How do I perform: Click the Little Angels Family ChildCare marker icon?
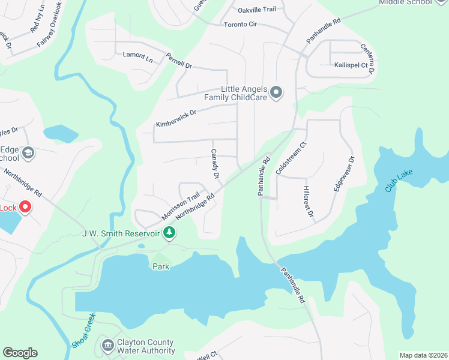click(x=276, y=92)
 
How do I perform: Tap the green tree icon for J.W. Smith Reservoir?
click(x=170, y=232)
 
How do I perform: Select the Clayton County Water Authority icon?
click(x=108, y=345)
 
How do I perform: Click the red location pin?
click(x=25, y=208)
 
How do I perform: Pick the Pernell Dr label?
click(x=179, y=60)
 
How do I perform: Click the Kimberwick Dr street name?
click(x=176, y=118)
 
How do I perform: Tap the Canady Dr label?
click(x=215, y=166)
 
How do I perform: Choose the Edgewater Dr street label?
click(x=344, y=174)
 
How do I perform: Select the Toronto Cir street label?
click(x=240, y=25)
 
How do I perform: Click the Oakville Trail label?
click(x=256, y=10)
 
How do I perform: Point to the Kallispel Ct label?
click(x=351, y=64)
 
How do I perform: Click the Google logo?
click(x=20, y=353)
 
